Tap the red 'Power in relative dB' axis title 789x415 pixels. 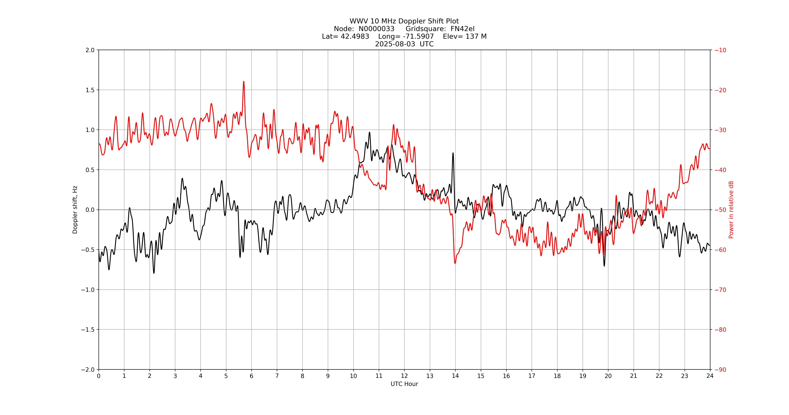731,210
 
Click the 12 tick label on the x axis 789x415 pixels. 404,376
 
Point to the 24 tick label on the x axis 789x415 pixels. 710,376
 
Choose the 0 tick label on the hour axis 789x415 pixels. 99,376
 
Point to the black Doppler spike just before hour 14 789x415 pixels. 453,153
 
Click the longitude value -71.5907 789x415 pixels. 418,36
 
